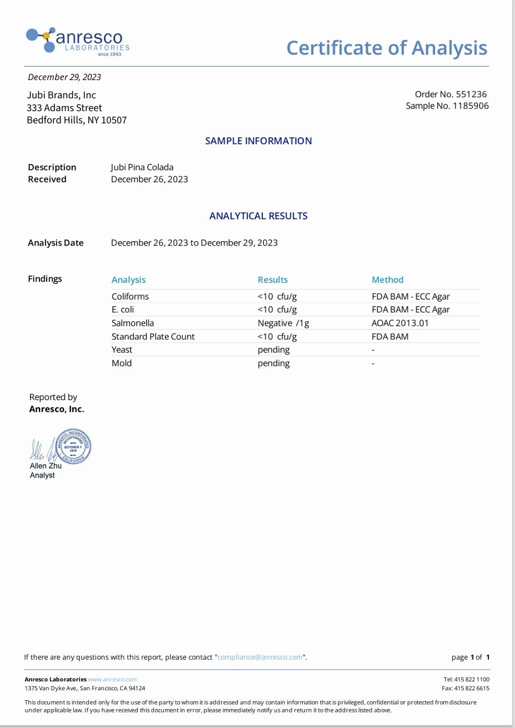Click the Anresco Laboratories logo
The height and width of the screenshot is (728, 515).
78,41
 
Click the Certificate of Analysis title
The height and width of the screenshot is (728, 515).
387,48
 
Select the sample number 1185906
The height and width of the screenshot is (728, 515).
471,106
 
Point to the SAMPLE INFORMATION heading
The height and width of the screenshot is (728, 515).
258,141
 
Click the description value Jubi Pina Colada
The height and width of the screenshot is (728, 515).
142,167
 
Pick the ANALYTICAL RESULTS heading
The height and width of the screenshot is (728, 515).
258,216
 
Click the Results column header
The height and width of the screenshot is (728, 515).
272,280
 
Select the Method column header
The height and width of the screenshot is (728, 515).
387,280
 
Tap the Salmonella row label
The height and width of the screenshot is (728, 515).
132,323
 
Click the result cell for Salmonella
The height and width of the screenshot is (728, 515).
283,323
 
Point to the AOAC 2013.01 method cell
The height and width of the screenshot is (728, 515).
400,323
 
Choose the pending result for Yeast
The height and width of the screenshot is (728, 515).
273,350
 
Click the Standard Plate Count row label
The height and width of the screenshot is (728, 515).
153,336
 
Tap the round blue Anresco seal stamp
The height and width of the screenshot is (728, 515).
73,447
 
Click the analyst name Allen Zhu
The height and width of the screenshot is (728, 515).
46,466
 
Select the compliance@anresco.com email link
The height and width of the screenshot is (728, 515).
260,657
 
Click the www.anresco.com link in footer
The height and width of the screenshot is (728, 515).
112,679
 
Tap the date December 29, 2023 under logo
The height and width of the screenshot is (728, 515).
64,77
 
